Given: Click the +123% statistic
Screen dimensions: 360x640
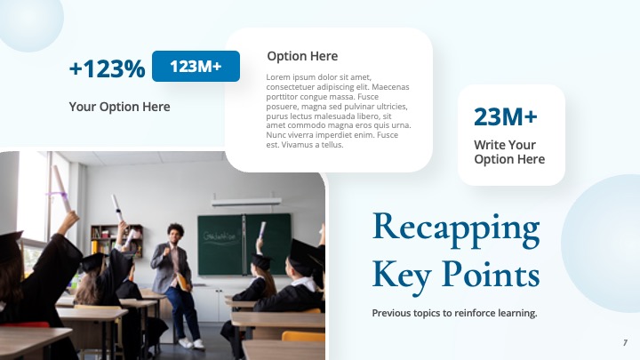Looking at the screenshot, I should tap(107, 68).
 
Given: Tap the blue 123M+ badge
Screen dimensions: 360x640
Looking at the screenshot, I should tap(196, 66).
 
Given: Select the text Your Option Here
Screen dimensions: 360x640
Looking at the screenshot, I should tap(119, 107).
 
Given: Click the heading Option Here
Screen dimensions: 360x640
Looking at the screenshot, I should tap(302, 56).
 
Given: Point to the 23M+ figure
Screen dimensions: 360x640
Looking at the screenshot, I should tap(505, 116).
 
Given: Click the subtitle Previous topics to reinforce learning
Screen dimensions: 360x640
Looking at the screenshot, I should tap(454, 313).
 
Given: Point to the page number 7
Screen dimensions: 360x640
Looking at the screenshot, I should tap(625, 342).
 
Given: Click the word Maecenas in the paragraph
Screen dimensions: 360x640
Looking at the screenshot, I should tap(388, 87).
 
